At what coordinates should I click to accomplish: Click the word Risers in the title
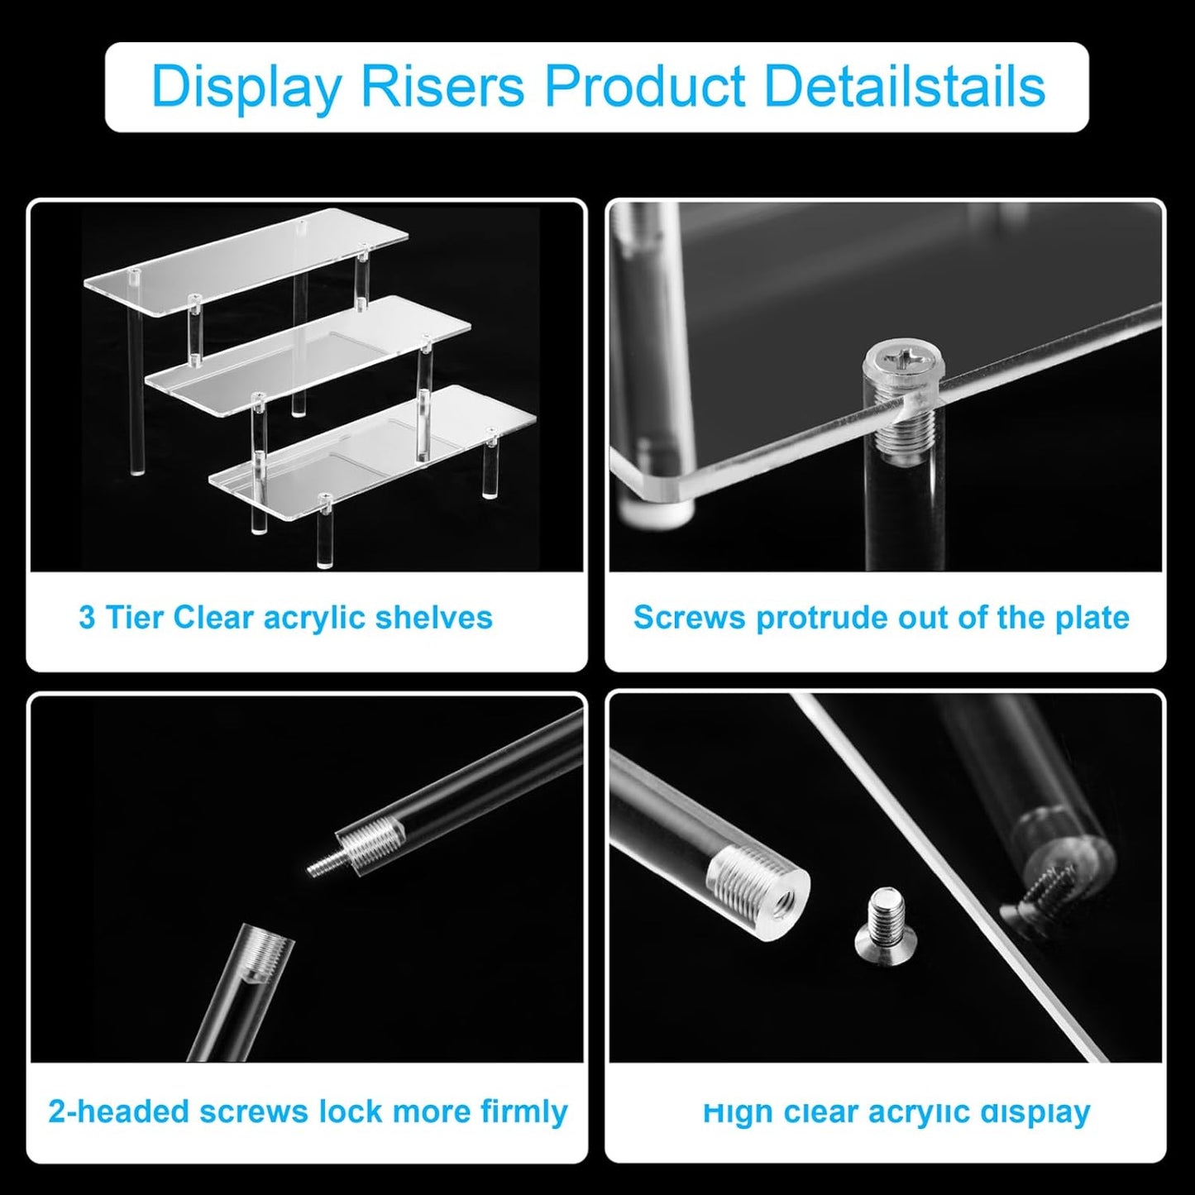coord(442,85)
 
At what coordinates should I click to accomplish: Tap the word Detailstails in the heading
coord(905,85)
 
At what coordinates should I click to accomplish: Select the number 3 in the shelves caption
coord(86,618)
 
